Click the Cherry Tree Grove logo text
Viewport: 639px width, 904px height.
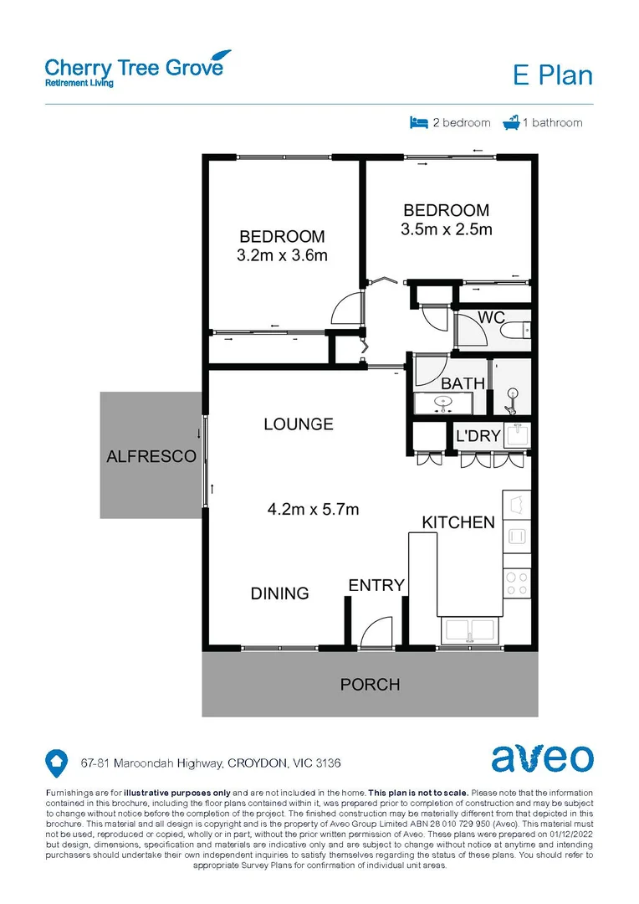tap(134, 66)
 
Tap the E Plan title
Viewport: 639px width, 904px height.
tap(552, 75)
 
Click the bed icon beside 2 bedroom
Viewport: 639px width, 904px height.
tap(418, 122)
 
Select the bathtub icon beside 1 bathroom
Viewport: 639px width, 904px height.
tap(511, 122)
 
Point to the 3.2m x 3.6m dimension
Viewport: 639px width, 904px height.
tap(282, 256)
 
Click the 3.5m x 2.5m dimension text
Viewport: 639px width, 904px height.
tap(447, 229)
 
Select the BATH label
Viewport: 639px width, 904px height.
tap(463, 383)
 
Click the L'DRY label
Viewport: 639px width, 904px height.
tap(477, 436)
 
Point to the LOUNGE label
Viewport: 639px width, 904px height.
tap(299, 424)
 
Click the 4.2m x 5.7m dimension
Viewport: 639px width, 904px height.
tap(313, 508)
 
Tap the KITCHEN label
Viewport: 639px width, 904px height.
tap(458, 522)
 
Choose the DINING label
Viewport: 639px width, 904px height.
tap(280, 593)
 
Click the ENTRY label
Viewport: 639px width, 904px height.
tap(376, 585)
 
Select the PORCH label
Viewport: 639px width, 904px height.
tap(370, 685)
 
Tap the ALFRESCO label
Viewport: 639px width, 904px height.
tap(151, 456)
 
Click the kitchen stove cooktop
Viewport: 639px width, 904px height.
tap(515, 580)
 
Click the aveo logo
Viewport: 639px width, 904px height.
tap(542, 758)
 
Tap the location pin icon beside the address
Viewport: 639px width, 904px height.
tap(55, 762)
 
